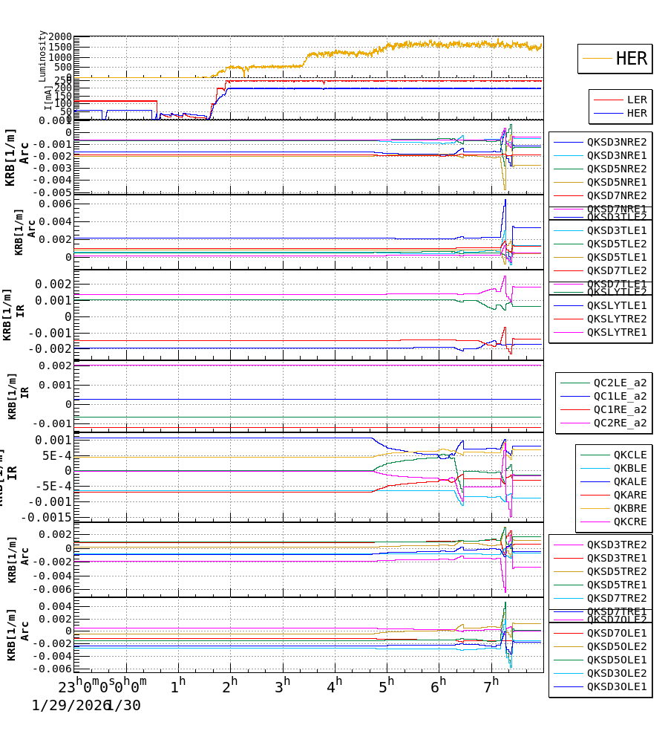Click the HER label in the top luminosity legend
631,59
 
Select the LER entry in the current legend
637,100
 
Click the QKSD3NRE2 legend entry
617,142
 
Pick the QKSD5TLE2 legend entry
617,244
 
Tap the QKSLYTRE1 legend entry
617,332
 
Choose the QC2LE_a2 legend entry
620,383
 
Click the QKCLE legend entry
629,455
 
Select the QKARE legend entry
629,495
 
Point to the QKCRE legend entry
629,522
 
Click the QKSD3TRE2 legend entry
617,545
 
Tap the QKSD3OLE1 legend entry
617,686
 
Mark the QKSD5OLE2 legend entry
617,646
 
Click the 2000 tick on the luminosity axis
59,38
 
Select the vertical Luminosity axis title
43,56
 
